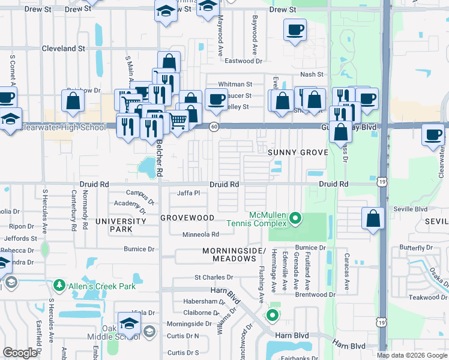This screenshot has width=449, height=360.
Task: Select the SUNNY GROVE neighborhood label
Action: [298, 152]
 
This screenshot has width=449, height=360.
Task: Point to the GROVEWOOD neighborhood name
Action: [187, 217]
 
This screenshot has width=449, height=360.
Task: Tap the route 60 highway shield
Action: [214, 127]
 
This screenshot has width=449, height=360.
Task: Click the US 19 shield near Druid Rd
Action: [382, 184]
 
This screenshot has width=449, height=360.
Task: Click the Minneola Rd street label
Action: [200, 235]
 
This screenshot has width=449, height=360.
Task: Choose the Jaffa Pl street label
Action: [188, 193]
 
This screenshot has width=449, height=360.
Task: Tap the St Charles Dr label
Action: [213, 277]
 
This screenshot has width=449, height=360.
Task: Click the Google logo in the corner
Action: [20, 353]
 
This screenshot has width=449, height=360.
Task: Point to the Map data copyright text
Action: [412, 355]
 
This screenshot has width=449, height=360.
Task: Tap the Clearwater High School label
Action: [62, 127]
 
